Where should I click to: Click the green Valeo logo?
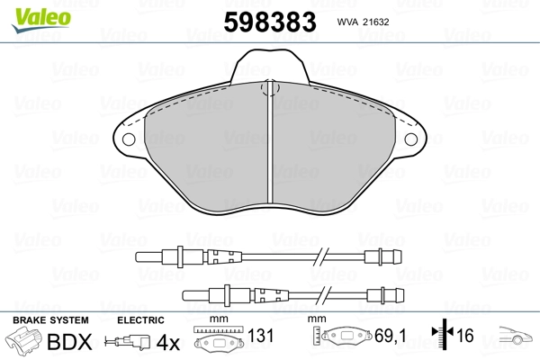tap(41, 20)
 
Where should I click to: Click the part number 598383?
tap(270, 22)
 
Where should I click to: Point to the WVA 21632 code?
tap(363, 22)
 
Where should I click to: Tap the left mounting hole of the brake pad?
tap(129, 139)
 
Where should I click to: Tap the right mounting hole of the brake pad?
tap(411, 139)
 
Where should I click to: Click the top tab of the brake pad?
tap(270, 66)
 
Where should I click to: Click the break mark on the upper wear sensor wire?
tap(320, 257)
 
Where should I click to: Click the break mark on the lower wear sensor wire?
tap(324, 295)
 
